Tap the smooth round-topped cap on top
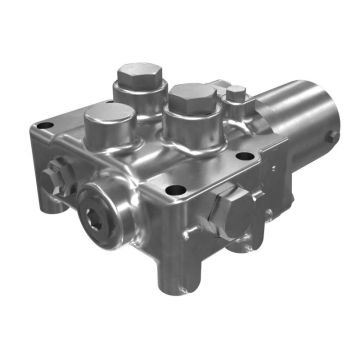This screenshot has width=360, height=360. pos(104,123)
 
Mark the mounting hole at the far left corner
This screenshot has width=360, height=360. pos(43,126)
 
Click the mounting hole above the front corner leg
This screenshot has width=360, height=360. pos(175,190)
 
